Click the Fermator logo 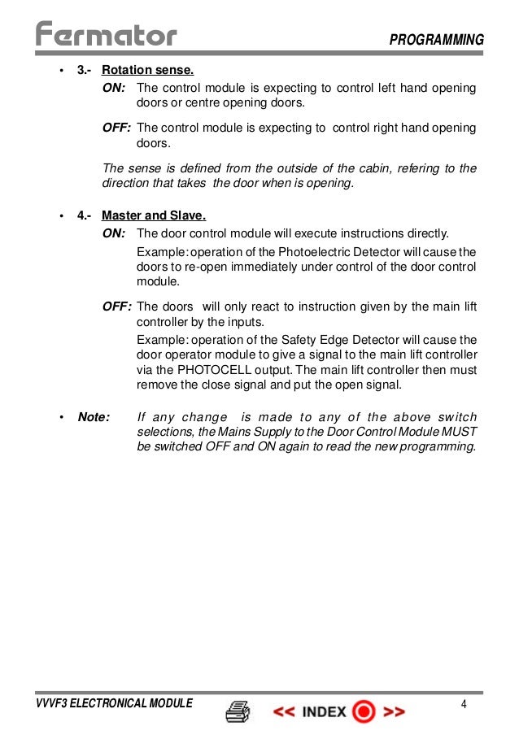click(106, 35)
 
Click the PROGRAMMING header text click(436, 40)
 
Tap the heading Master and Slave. click(154, 215)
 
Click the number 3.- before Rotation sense click(84, 70)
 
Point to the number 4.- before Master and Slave click(84, 215)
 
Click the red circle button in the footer click(364, 712)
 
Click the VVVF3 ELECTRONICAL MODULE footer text click(113, 704)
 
